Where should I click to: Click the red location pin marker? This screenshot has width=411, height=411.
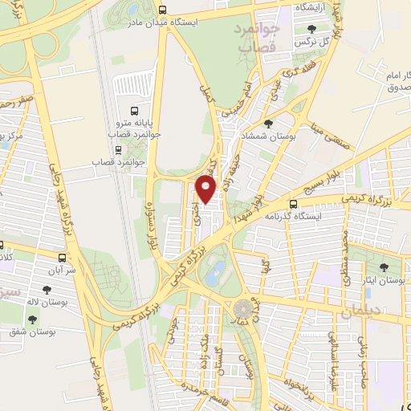point(207,189)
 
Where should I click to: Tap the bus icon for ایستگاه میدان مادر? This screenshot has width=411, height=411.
point(163,10)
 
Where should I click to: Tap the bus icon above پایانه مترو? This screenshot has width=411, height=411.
point(134,112)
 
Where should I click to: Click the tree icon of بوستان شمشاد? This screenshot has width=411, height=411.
point(268,124)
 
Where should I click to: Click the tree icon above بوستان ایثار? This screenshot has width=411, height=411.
point(383,268)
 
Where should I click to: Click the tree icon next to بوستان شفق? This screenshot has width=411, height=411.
point(32,319)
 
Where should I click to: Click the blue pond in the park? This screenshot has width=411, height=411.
point(215,274)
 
